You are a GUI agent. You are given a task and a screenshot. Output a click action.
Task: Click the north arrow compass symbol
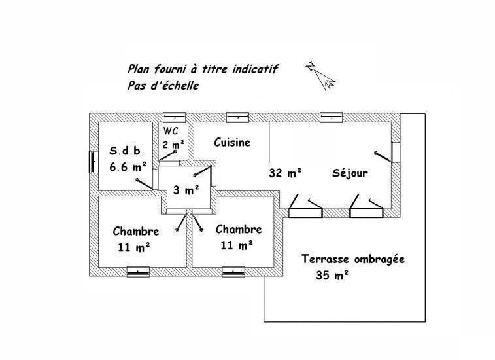(321, 75)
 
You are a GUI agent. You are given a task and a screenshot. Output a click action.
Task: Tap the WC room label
(171, 130)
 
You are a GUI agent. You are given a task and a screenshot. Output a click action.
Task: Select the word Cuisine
(232, 142)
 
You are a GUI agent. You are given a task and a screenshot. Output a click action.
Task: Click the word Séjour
(350, 173)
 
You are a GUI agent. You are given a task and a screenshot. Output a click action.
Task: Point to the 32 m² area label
(285, 173)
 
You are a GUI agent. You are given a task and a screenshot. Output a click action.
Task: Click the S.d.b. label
(127, 151)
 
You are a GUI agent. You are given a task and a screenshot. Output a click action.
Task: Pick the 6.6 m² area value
(128, 166)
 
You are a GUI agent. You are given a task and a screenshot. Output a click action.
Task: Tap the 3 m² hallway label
(186, 190)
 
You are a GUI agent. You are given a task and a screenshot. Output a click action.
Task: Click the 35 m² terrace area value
(332, 275)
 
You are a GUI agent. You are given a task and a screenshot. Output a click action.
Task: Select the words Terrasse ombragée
(353, 259)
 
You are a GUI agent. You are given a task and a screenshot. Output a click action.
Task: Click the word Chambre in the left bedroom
(136, 231)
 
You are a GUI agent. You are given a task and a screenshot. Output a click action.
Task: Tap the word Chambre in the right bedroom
(239, 229)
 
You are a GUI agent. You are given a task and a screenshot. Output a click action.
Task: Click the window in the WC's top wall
(174, 117)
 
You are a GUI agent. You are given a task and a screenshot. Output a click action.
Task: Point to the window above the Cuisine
(238, 117)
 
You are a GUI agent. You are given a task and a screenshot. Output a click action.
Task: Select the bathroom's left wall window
(94, 162)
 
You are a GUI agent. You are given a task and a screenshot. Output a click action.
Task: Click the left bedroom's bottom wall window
(138, 272)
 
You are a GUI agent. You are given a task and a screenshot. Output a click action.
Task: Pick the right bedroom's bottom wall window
(233, 272)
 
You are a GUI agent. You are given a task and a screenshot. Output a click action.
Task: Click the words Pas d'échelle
(163, 86)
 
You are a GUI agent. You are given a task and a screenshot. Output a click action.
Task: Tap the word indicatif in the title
(255, 69)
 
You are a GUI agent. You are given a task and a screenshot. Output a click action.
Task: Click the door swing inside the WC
(167, 156)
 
